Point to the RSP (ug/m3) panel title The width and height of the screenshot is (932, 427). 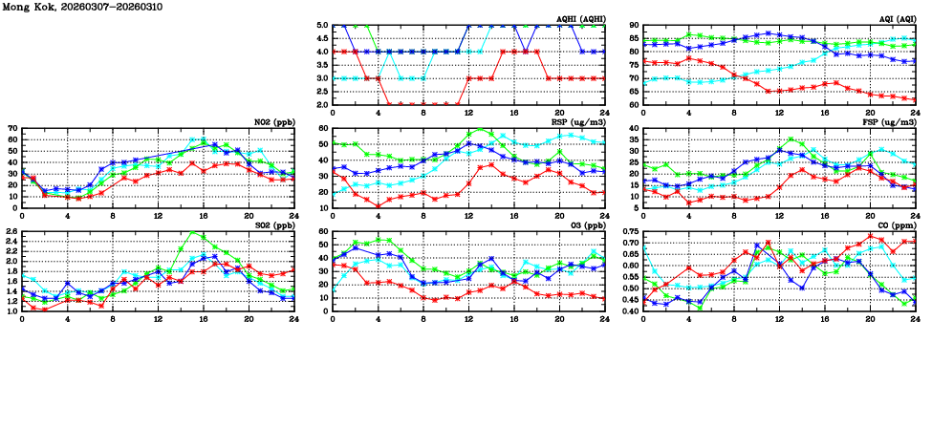(576, 121)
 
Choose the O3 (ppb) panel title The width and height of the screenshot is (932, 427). (585, 224)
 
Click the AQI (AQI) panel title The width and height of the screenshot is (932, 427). (895, 18)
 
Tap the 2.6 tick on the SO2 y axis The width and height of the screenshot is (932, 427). (11, 231)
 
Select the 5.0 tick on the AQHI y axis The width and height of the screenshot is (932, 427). (322, 25)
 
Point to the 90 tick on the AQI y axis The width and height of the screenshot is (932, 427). (634, 25)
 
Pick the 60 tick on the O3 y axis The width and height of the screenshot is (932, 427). (324, 231)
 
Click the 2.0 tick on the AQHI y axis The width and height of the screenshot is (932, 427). (322, 104)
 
